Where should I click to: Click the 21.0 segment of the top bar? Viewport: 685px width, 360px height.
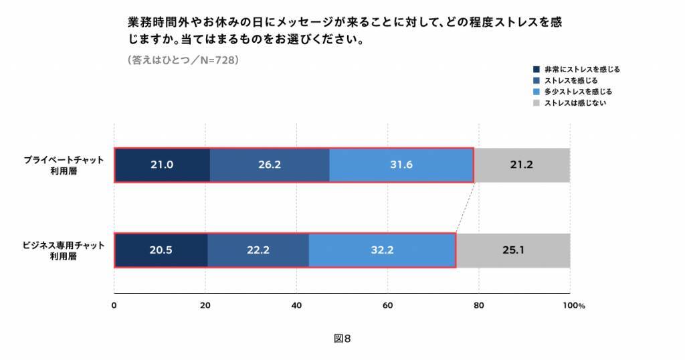pyautogui.click(x=162, y=165)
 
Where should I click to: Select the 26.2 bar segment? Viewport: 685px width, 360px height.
pyautogui.click(x=269, y=165)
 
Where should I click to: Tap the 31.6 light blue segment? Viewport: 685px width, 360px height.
pyautogui.click(x=401, y=165)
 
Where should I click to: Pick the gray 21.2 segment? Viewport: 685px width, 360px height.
pyautogui.click(x=522, y=165)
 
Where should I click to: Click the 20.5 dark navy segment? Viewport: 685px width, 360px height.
pyautogui.click(x=161, y=250)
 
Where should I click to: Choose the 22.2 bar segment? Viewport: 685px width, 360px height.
pyautogui.click(x=258, y=250)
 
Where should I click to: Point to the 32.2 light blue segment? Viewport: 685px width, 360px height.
pyautogui.click(x=382, y=250)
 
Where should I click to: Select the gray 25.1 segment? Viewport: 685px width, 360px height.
pyautogui.click(x=513, y=250)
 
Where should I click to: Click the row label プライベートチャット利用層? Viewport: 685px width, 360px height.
pyautogui.click(x=64, y=165)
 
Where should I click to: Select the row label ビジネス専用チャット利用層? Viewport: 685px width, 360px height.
pyautogui.click(x=64, y=250)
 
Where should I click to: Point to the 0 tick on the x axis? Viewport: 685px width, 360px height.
pyautogui.click(x=114, y=306)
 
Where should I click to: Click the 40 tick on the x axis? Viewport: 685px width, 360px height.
pyautogui.click(x=296, y=306)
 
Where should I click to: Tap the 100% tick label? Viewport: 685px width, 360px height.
pyautogui.click(x=573, y=306)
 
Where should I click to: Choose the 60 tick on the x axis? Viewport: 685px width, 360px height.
pyautogui.click(x=388, y=306)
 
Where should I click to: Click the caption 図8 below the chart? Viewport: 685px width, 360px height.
pyautogui.click(x=342, y=339)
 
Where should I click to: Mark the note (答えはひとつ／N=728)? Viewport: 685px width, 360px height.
pyautogui.click(x=183, y=60)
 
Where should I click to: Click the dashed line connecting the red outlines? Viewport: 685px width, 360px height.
pyautogui.click(x=465, y=207)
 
